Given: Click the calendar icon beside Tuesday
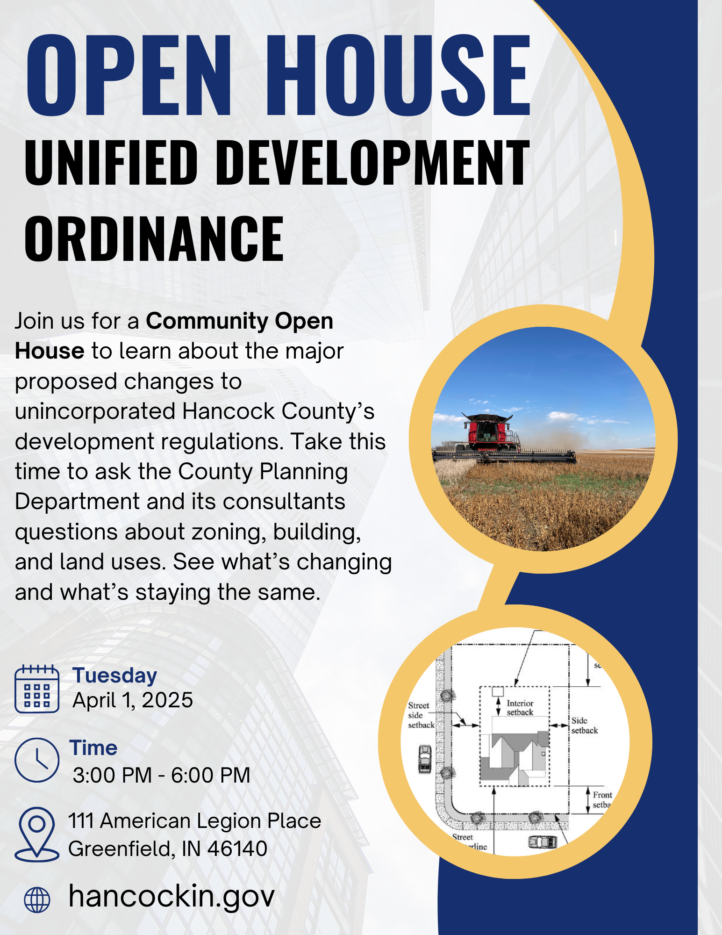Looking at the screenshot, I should [x=37, y=689].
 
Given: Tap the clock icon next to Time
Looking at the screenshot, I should [x=37, y=760].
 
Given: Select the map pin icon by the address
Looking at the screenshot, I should [x=37, y=834].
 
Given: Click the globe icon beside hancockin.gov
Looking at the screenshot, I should [x=37, y=899].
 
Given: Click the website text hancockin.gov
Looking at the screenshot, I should [x=171, y=896].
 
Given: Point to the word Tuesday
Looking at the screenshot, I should [x=114, y=676].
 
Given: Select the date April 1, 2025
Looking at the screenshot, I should [x=133, y=700].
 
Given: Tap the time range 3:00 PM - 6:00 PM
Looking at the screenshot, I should [x=161, y=775].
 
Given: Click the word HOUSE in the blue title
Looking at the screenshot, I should [x=398, y=76].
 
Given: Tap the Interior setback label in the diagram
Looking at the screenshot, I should [x=520, y=708].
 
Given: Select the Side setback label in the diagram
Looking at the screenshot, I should [x=584, y=726].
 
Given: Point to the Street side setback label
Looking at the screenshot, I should [x=421, y=715].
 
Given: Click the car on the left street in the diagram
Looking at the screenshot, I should [x=424, y=758].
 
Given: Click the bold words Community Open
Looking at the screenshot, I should [x=239, y=321].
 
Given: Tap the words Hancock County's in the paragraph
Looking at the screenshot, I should [x=278, y=411].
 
